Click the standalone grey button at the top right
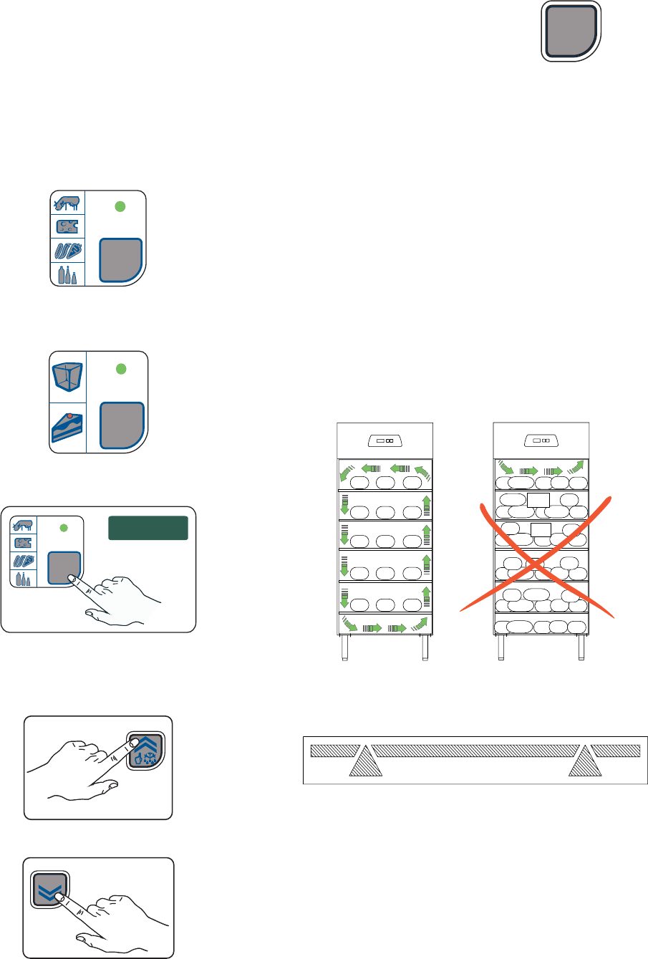pos(571,31)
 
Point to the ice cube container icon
pos(68,377)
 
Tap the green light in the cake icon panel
pos(120,368)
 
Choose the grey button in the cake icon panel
pos(122,425)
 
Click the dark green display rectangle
pos(148,527)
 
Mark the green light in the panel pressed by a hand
pos(63,528)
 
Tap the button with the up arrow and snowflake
pos(145,750)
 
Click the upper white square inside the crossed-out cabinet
pos(538,501)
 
